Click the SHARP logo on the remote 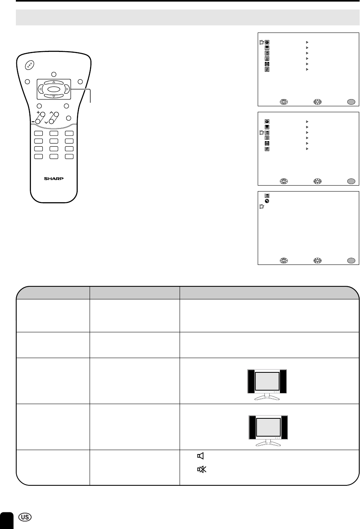coord(54,178)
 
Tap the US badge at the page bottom coord(25,517)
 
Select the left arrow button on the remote coord(40,89)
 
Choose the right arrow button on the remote coord(67,89)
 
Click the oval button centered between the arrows coord(54,89)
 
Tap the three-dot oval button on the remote coord(30,65)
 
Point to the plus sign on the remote coord(38,112)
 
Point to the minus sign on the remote coord(33,122)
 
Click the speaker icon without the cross coord(201,456)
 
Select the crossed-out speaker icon coord(202,469)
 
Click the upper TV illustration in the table coord(267,385)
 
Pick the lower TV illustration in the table coord(268,431)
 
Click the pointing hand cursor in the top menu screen coord(262,42)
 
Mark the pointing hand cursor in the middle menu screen coord(262,132)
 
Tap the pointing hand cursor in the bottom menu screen coord(262,206)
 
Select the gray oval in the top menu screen coord(351,102)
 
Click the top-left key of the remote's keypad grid coord(38,133)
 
